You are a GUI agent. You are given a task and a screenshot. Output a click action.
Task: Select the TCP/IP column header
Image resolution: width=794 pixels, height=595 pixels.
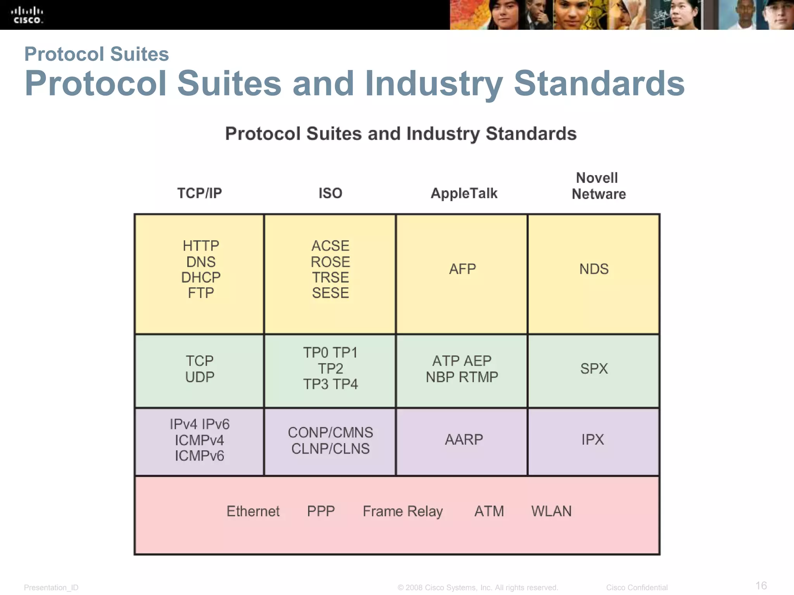[x=199, y=193]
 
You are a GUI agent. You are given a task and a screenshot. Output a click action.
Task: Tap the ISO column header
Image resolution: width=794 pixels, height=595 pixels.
[x=330, y=193]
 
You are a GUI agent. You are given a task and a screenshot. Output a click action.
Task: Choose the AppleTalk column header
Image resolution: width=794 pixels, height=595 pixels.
[x=464, y=193]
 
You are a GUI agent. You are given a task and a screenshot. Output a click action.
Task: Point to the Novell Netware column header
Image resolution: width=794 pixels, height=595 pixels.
[x=598, y=186]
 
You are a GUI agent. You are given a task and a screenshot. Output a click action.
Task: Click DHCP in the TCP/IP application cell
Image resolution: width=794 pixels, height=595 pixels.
[x=201, y=277]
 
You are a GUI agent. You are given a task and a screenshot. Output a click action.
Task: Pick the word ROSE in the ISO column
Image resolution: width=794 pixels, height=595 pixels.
[x=330, y=262]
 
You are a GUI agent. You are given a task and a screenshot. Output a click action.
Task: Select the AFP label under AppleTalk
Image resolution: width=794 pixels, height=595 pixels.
[x=463, y=269]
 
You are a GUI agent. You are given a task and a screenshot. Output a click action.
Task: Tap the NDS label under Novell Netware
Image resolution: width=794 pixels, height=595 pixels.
[x=594, y=269]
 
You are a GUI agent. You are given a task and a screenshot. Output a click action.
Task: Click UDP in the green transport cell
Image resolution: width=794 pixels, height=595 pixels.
[x=200, y=377]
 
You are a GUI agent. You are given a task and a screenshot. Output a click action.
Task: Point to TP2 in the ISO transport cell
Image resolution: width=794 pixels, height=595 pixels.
[x=330, y=368]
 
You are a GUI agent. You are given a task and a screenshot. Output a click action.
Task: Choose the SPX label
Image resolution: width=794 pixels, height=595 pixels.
[x=594, y=368]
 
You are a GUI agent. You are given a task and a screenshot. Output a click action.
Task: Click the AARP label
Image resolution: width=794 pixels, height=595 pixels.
[x=464, y=440]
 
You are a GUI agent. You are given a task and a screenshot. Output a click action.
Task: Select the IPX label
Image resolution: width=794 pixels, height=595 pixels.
[x=593, y=440]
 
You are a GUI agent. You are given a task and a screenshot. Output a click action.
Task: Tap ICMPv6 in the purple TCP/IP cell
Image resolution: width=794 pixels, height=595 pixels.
[x=199, y=456]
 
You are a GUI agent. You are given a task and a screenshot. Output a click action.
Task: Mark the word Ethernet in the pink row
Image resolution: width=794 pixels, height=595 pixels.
[x=253, y=511]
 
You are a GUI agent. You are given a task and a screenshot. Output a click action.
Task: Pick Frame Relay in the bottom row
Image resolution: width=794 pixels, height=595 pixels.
[x=403, y=511]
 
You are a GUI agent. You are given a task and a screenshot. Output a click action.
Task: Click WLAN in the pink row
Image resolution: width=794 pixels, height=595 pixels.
[x=551, y=511]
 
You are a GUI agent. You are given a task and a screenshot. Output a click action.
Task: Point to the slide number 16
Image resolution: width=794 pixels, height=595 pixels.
[x=761, y=585]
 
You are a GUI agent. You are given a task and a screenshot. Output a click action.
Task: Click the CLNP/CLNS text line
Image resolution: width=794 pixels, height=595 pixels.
[x=330, y=449]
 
